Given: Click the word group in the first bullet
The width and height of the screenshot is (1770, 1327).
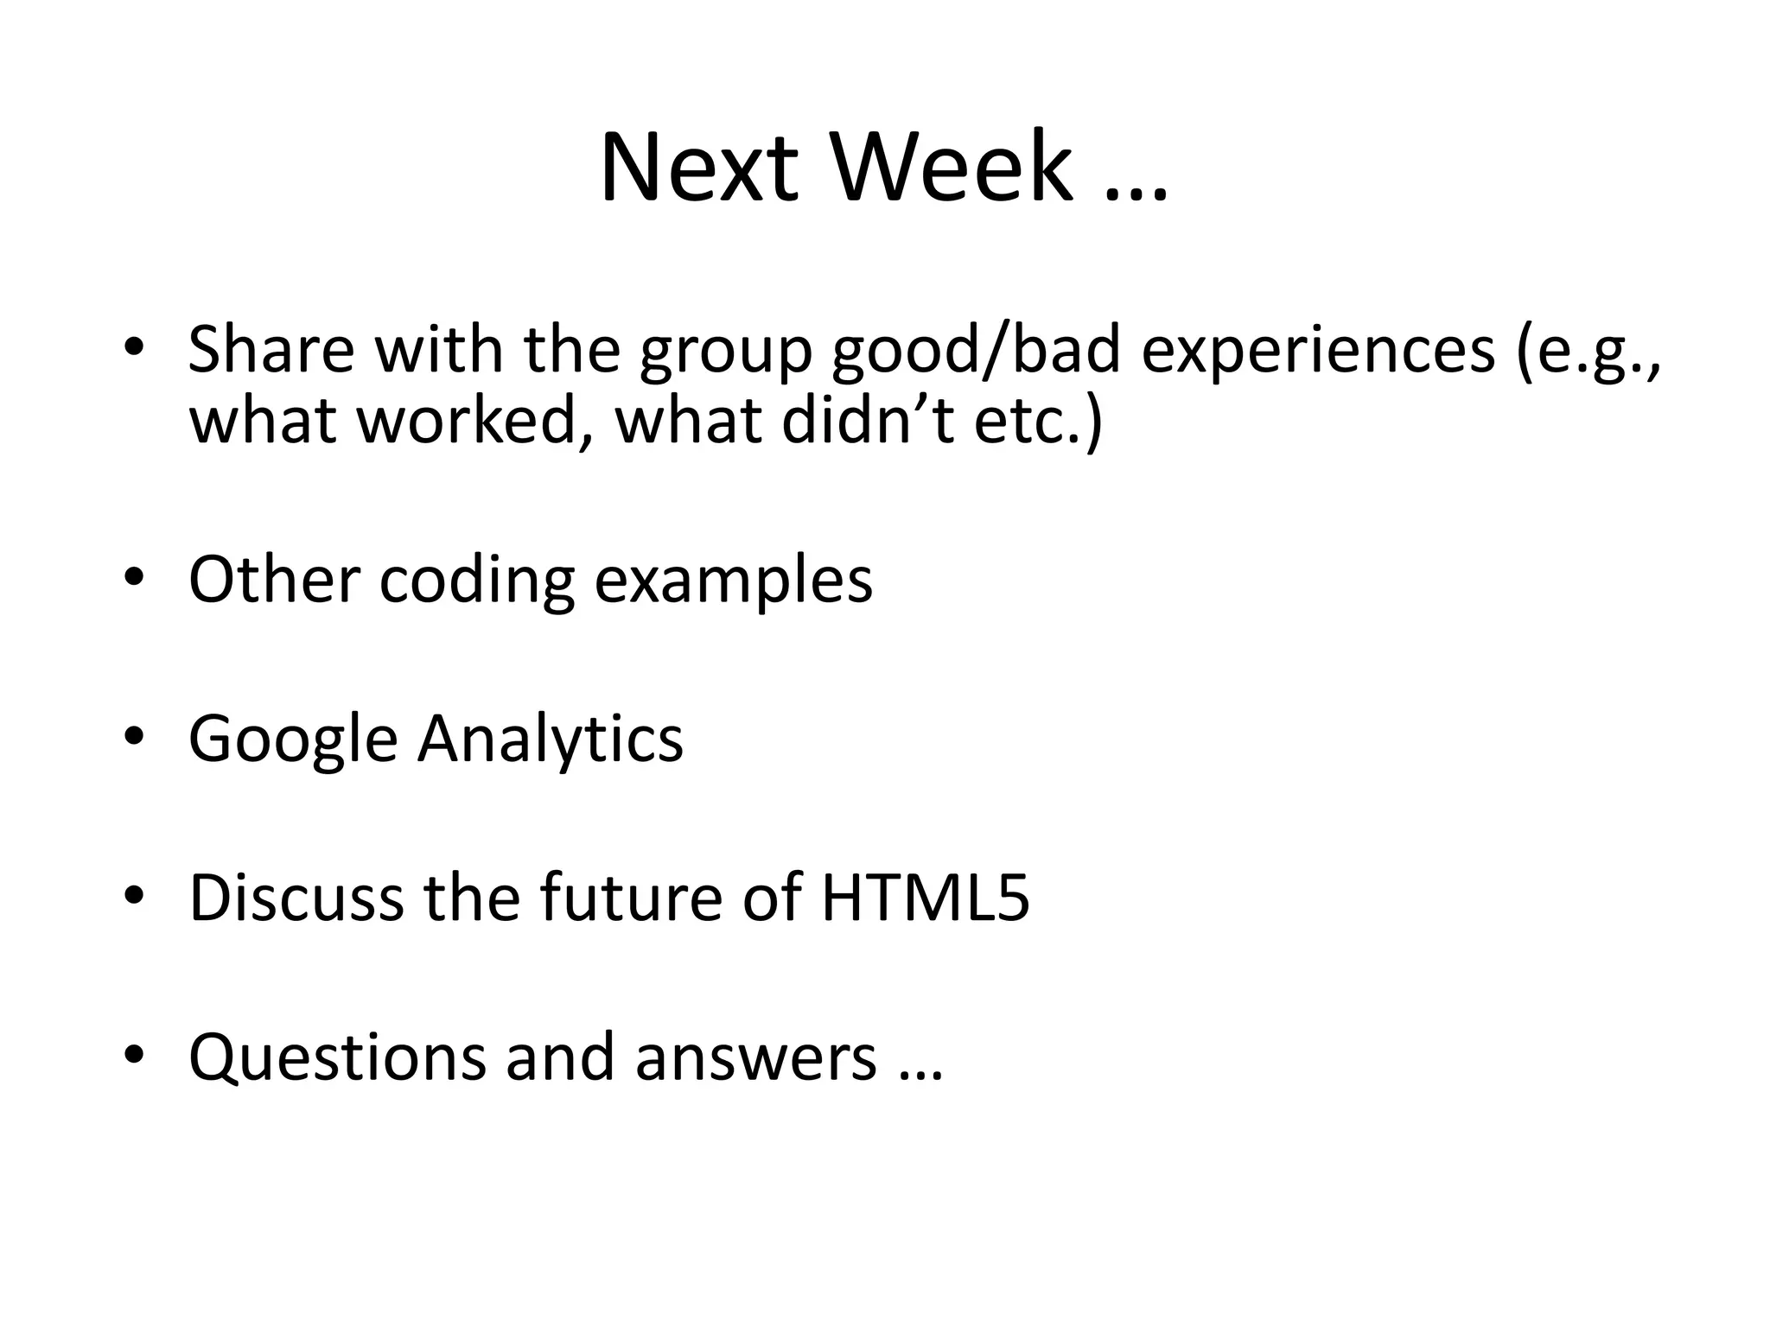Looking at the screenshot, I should click(x=726, y=354).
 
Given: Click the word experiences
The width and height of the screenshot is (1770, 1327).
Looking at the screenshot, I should click(x=1318, y=354).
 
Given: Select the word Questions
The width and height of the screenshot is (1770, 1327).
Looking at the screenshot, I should click(x=337, y=1057).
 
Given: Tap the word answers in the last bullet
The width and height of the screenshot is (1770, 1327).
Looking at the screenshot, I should click(x=755, y=1057).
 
